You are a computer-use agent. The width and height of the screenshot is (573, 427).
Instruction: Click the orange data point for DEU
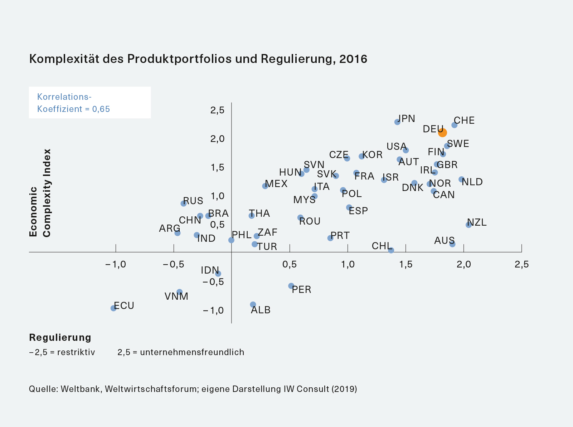point(442,133)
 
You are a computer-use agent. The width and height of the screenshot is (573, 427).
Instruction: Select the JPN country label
point(407,118)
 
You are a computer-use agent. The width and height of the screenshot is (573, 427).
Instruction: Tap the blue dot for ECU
point(113,308)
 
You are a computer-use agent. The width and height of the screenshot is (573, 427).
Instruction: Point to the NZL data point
point(468,225)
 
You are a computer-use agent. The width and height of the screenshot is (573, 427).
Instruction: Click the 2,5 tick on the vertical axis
point(217,110)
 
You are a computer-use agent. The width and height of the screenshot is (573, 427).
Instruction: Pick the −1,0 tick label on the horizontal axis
point(116,264)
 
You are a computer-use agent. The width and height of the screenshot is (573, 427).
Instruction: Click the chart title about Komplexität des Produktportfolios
point(198,59)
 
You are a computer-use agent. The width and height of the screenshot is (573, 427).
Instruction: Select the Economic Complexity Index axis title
point(40,193)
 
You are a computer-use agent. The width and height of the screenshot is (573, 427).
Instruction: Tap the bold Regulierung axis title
point(60,337)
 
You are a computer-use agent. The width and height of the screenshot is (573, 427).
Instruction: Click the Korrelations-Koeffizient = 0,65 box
point(89,103)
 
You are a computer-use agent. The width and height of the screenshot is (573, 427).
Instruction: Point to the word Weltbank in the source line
point(81,389)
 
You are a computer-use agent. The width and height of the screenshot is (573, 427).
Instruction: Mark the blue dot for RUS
point(184,203)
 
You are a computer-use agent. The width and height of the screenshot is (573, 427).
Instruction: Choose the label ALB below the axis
point(261,310)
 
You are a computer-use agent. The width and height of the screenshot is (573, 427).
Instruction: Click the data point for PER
point(291,286)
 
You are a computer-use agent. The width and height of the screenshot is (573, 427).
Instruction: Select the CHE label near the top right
point(464,121)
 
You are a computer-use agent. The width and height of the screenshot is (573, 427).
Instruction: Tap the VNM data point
point(180,292)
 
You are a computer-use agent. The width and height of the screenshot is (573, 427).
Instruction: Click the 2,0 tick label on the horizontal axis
point(463,264)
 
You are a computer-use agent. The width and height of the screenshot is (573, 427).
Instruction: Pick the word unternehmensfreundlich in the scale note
point(192,352)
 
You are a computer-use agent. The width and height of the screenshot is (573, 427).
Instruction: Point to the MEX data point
point(265,186)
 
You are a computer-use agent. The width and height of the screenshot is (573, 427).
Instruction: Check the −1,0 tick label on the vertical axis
point(213,310)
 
